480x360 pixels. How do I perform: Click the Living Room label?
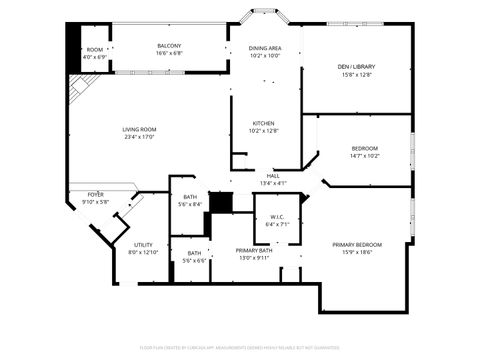(140, 129)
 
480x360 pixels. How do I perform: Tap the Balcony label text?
(169, 46)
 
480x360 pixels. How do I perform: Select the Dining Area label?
(265, 48)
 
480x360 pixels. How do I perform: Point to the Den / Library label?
(356, 66)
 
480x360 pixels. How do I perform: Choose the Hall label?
(273, 175)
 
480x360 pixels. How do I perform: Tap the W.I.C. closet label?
(277, 217)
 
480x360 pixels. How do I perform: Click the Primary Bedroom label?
(357, 245)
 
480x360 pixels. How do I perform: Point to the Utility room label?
(144, 245)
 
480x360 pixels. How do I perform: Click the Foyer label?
(96, 195)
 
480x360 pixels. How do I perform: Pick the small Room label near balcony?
(95, 50)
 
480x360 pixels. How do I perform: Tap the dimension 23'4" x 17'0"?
(140, 137)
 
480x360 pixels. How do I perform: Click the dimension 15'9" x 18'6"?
(357, 253)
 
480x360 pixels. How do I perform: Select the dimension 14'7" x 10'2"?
(364, 156)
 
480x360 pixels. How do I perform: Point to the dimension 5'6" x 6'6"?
(194, 260)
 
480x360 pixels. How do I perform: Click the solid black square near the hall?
(219, 201)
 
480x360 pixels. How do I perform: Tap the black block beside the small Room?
(72, 45)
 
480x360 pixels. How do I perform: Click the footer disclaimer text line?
(240, 347)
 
